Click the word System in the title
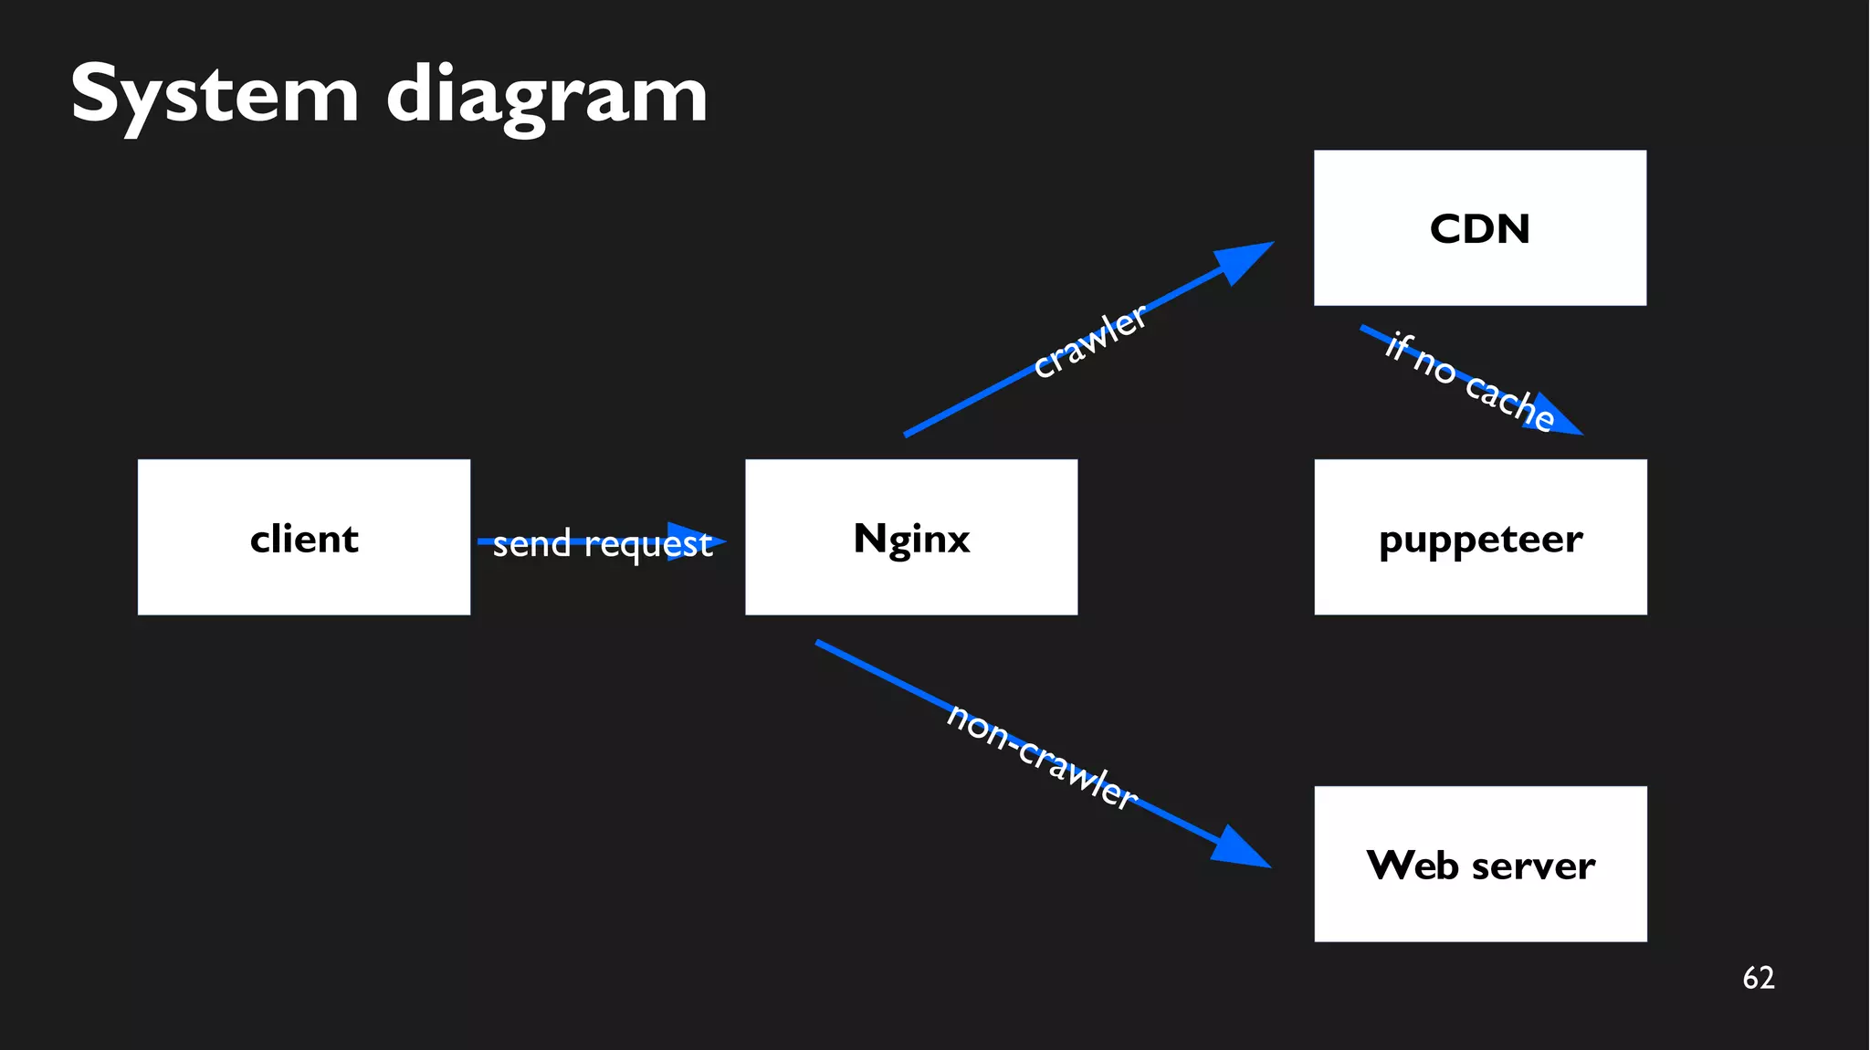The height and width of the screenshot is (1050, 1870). tap(215, 95)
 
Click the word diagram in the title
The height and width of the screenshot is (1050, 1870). tap(546, 95)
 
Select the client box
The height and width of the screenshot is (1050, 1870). tap(303, 537)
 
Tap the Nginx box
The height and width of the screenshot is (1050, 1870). tap(910, 537)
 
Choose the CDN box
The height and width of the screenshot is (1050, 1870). tap(1479, 228)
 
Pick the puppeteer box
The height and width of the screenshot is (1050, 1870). tap(1480, 537)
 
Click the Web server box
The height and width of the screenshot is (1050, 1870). tap(1480, 864)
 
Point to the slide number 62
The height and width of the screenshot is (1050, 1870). tap(1758, 978)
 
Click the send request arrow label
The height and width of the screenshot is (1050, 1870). tap(602, 543)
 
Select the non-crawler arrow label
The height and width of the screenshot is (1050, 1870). tap(1042, 756)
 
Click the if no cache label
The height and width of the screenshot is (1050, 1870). tap(1469, 382)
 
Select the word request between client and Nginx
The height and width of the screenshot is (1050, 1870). tap(647, 545)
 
